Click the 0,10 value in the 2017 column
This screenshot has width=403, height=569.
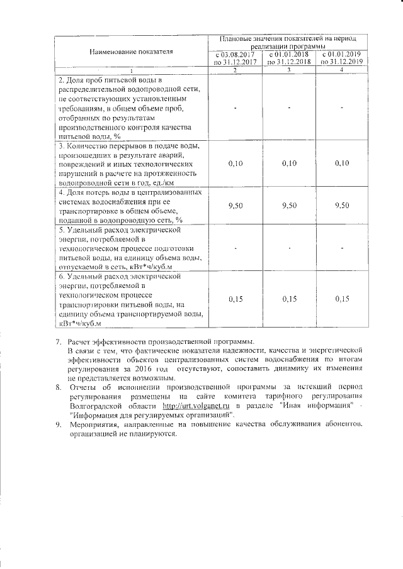pos(235,163)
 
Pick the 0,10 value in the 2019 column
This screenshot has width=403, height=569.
pos(342,163)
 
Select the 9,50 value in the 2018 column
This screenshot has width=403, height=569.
pos(289,206)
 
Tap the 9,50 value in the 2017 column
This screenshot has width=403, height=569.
pos(235,206)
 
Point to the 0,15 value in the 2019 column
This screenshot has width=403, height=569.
pos(342,299)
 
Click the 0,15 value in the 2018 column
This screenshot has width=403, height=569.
pos(289,299)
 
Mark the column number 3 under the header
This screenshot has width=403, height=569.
pos(289,70)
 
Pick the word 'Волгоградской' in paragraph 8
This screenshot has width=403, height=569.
pos(97,407)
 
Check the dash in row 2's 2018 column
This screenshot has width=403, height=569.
pos(289,108)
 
